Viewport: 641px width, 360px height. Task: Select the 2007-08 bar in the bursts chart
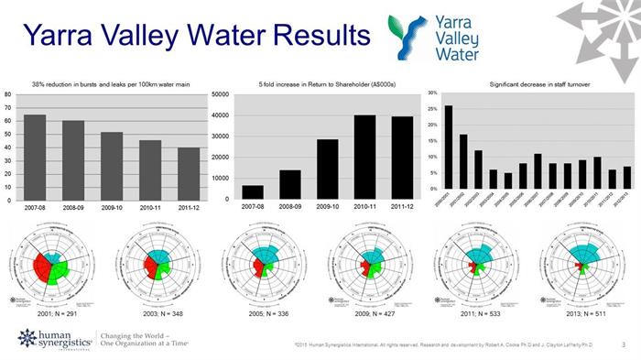pyautogui.click(x=35, y=157)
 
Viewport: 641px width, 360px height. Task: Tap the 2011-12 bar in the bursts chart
pyautogui.click(x=189, y=173)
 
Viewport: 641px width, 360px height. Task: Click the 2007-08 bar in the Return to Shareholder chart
pyautogui.click(x=253, y=192)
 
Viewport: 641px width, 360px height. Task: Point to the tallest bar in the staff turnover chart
pyautogui.click(x=448, y=147)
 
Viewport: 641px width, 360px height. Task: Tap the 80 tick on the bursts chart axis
pyautogui.click(x=7, y=93)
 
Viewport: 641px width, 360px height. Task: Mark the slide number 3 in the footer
pyautogui.click(x=623, y=344)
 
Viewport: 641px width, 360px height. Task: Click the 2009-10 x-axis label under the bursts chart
pyautogui.click(x=112, y=210)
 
